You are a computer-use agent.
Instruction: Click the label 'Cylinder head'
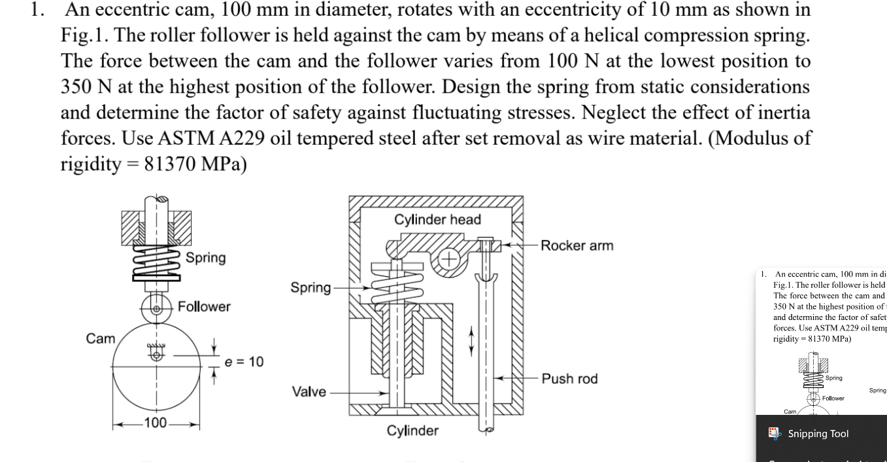(437, 220)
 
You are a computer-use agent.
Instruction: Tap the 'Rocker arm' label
(577, 245)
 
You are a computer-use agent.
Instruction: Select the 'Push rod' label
(569, 378)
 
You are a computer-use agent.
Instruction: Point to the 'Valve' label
(309, 391)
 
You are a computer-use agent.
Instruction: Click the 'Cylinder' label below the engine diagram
(412, 431)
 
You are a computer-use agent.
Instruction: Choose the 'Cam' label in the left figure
(100, 338)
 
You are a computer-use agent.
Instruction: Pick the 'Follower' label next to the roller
(204, 306)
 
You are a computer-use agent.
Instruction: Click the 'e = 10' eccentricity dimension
(244, 362)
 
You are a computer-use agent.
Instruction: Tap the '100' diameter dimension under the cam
(156, 423)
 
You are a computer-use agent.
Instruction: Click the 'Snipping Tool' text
(818, 434)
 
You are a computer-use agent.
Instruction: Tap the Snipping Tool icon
(774, 433)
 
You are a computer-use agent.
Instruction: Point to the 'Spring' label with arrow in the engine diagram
(310, 288)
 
